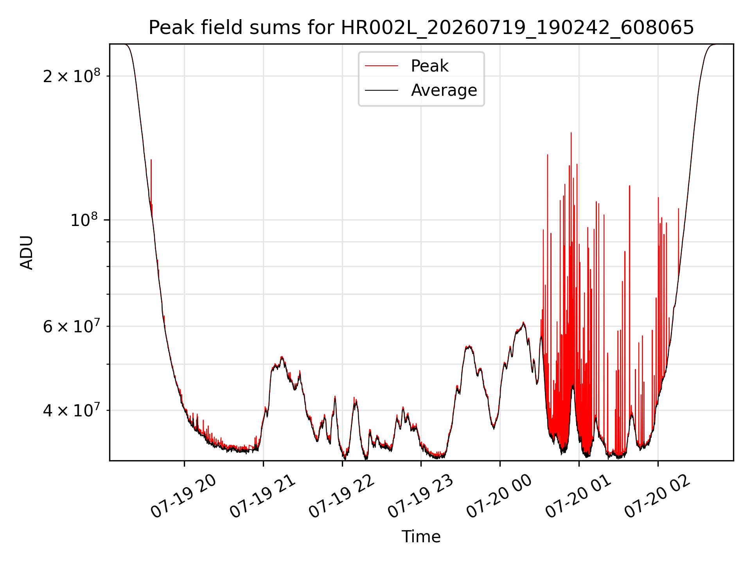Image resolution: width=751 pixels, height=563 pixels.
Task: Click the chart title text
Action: coord(421,28)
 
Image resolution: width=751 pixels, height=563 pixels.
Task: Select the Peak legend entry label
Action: coord(429,66)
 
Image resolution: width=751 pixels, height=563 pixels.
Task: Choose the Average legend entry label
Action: coord(444,90)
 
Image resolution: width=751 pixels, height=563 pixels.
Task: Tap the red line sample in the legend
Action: coord(381,66)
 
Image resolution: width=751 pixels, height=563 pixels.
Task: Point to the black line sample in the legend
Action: coord(381,90)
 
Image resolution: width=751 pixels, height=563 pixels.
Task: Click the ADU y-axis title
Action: coord(27,253)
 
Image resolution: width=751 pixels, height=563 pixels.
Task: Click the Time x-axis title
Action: coord(421,537)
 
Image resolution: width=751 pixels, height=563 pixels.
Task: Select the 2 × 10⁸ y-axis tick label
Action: coord(71,76)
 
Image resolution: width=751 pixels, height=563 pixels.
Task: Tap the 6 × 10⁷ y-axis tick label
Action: coord(71,326)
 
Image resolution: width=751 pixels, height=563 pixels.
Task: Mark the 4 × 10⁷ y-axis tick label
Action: coord(71,410)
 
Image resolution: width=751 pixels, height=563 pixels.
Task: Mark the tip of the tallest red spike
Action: coord(571,133)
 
